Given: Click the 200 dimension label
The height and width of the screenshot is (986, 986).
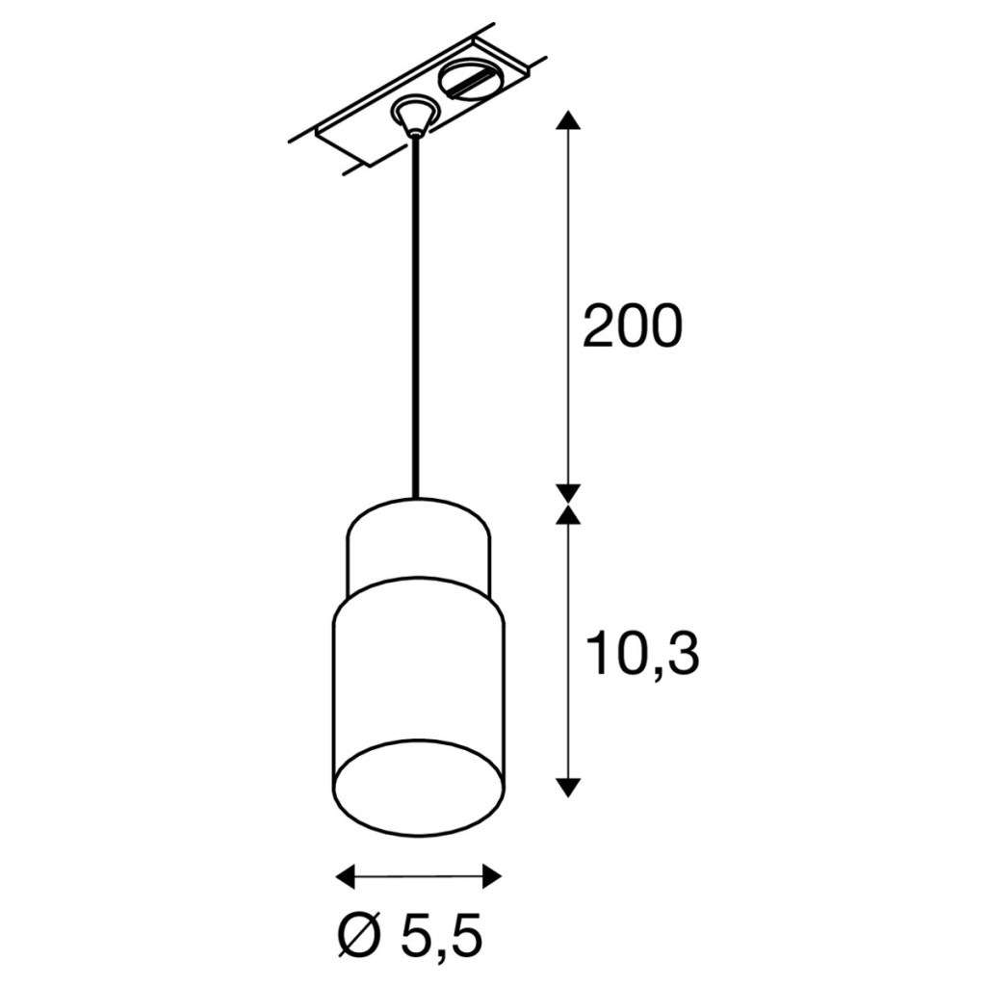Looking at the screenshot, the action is pos(632,325).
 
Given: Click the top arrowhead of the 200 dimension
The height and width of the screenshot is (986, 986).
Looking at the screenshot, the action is pos(568,119).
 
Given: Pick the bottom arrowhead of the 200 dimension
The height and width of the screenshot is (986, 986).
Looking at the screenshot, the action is pos(568,493).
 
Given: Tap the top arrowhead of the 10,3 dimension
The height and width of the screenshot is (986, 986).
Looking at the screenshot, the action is pos(568,514).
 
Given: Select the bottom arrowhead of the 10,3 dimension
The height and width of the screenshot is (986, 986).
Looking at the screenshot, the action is pos(568,787).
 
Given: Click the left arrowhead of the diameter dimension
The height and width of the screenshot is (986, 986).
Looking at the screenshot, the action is pos(347,875).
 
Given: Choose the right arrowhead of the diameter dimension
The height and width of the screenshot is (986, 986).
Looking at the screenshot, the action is pos(492,875).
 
